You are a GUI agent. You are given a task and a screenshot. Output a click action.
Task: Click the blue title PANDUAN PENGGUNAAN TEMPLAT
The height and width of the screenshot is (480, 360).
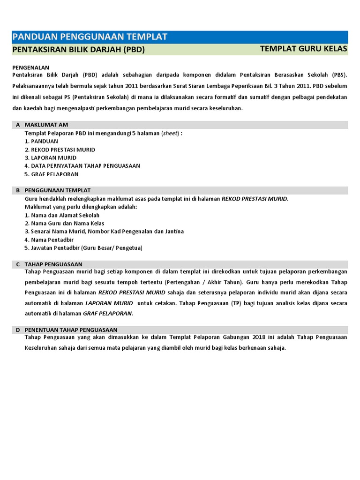coord(90,37)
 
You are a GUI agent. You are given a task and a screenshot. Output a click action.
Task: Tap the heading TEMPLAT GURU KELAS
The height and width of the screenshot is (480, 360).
coord(303,49)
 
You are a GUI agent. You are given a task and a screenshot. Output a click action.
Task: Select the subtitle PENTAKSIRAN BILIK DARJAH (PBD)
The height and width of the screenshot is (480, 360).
coord(78,50)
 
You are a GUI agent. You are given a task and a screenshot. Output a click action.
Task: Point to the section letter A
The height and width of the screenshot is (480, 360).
coord(18,125)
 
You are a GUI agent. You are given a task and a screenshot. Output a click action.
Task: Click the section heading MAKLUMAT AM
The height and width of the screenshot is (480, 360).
coord(46,125)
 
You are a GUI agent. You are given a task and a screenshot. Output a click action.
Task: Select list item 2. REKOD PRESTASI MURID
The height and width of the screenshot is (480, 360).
coord(60,150)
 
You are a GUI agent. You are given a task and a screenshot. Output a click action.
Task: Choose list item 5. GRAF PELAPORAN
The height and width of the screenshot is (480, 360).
coord(52,174)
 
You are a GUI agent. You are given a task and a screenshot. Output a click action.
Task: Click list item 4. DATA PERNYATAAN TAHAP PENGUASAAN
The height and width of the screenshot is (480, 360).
coord(82,166)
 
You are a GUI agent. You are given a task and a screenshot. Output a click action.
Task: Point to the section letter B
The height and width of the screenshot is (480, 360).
coord(18,190)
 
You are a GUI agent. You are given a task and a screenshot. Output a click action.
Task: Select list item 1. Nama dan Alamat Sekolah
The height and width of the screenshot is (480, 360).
coord(62,215)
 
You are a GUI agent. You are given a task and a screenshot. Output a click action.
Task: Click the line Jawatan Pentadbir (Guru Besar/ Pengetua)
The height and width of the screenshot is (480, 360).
coord(83,248)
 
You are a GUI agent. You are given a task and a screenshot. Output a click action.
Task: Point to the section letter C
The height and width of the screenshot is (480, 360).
coord(18,264)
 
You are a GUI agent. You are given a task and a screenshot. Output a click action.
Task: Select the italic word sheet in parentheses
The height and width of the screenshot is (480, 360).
coord(169,133)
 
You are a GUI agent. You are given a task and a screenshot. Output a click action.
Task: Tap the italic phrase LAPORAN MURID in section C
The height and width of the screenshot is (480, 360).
coord(109,303)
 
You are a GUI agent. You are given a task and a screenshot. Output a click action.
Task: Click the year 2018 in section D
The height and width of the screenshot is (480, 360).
coord(258,338)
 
